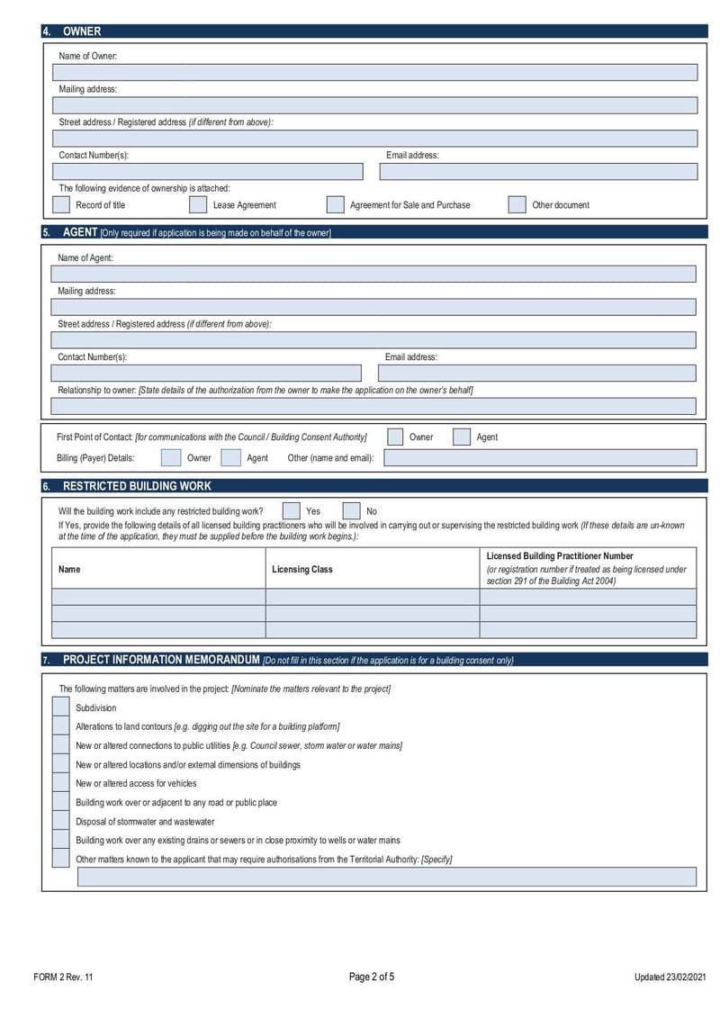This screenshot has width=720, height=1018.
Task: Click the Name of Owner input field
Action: pos(375,73)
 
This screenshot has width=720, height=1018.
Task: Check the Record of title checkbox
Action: pos(61,204)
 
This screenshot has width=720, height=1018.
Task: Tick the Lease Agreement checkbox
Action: pos(198,204)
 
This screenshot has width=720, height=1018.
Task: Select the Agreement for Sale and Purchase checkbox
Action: pos(335,204)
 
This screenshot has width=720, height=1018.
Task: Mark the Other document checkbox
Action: pos(517,204)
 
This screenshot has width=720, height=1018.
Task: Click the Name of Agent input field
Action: pos(374,275)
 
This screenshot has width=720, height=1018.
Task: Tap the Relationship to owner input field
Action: pos(374,406)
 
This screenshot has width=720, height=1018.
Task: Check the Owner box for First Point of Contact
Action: pos(395,437)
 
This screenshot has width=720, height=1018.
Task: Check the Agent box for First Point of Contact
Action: pos(462,437)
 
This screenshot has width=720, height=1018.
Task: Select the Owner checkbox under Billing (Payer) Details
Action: pos(170,457)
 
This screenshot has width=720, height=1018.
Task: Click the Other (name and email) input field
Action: pos(540,457)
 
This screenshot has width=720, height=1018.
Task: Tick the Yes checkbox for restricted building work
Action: pos(292,511)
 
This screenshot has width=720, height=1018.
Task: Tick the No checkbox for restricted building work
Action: pos(351,511)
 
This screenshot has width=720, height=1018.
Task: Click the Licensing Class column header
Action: pos(302,569)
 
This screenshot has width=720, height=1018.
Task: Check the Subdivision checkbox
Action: pos(60,707)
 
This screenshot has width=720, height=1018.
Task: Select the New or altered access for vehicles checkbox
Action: pos(60,783)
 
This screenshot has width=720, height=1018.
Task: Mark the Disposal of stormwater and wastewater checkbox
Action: pos(60,821)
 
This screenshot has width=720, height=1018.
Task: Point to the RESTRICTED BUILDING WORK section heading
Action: pos(137,486)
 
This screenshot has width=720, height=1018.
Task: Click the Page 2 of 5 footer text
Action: pos(371,977)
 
